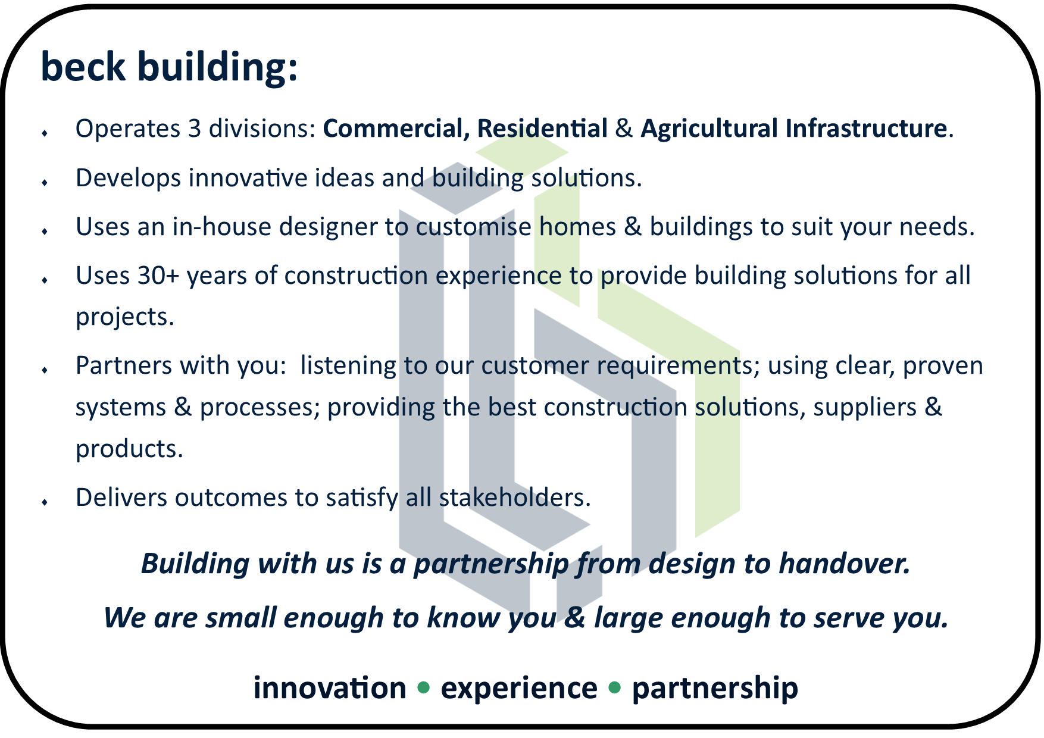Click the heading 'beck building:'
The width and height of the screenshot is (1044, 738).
pyautogui.click(x=169, y=67)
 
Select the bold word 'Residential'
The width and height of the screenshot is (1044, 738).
pyautogui.click(x=542, y=129)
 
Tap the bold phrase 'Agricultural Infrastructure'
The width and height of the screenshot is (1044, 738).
pyautogui.click(x=793, y=129)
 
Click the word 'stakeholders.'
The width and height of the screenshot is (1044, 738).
pyautogui.click(x=515, y=498)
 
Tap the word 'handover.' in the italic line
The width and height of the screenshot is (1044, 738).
pyautogui.click(x=845, y=563)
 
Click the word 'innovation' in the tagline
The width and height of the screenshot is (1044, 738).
pyautogui.click(x=330, y=688)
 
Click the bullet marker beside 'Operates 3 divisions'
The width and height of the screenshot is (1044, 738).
pyautogui.click(x=45, y=133)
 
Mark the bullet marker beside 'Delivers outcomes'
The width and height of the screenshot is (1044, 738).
pyautogui.click(x=45, y=502)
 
